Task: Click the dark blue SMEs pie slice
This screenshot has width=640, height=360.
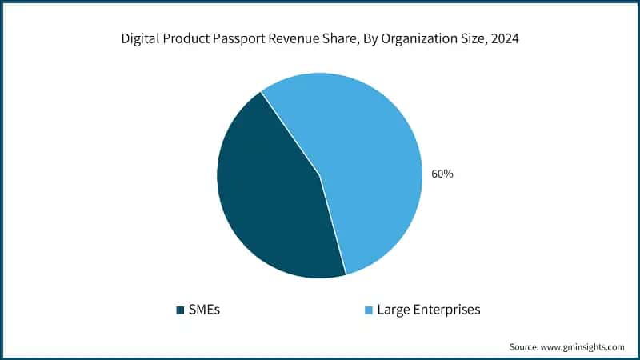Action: [x=272, y=200]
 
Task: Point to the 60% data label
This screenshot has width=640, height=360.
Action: [x=442, y=174]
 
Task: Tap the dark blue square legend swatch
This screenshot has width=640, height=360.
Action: [x=180, y=310]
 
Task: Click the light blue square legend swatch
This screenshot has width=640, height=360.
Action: [x=368, y=310]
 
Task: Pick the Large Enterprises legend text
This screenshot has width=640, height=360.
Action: [x=429, y=310]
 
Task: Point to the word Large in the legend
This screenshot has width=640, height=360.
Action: [x=392, y=310]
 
